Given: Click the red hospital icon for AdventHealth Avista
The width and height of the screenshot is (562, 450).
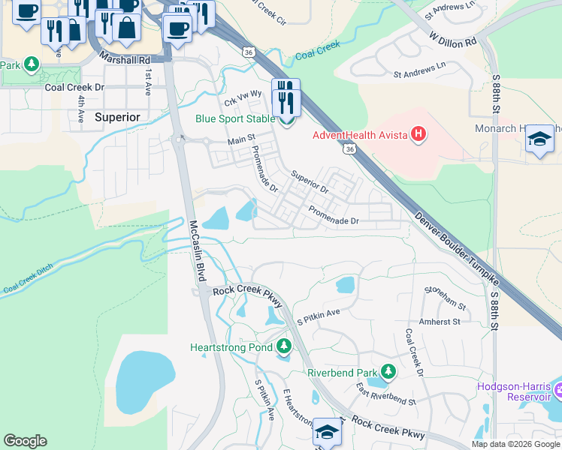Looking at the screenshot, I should tap(419, 135).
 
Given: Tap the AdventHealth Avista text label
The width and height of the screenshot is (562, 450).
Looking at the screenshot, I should tap(361, 136).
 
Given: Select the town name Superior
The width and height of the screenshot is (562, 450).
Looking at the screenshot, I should tap(117, 118).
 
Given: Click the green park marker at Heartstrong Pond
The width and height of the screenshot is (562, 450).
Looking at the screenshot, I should tap(283, 346).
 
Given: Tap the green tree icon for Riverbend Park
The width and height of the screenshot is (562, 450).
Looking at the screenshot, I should tap(388, 372).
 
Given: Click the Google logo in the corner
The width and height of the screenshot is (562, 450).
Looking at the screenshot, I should tap(25, 441).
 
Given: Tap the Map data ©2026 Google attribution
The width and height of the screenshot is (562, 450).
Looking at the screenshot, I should tap(515, 444).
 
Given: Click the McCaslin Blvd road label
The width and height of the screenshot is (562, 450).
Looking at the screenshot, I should tap(198, 250).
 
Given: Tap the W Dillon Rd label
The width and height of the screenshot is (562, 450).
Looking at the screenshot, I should tap(453, 39).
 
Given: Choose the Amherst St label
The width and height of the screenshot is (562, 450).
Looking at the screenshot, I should tap(440, 322).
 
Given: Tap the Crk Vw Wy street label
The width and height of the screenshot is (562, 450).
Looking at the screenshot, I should tap(242, 97).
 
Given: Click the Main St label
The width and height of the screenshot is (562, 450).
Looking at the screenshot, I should tap(242, 140).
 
